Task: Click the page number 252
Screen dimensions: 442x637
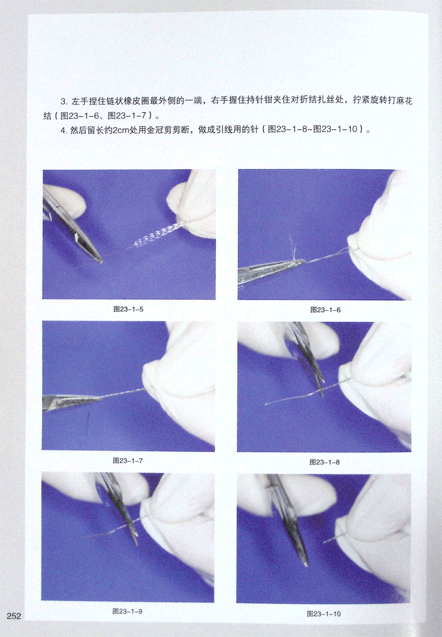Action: [x=14, y=616]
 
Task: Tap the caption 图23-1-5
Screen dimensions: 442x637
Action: [x=129, y=310]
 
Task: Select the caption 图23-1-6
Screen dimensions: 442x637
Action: [x=325, y=310]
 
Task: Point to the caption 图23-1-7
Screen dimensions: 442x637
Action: [x=128, y=461]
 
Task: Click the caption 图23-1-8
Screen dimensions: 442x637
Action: [x=325, y=462]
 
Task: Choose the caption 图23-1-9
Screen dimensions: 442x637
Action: [x=128, y=611]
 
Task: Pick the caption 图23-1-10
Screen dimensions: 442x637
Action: [x=324, y=613]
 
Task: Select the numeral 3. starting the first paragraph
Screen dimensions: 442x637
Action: [x=64, y=101]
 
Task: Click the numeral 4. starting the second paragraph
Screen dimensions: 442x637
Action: [x=64, y=130]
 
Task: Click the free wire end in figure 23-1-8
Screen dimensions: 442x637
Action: [x=265, y=404]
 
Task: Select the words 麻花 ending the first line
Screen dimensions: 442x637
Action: [x=404, y=100]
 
